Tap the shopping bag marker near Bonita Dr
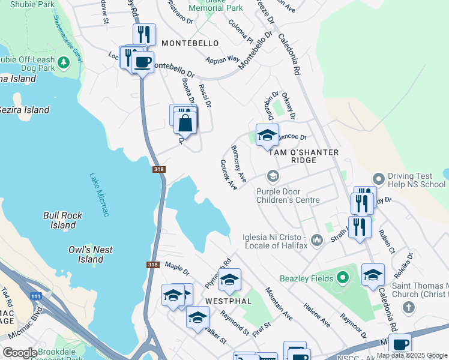click(x=185, y=124)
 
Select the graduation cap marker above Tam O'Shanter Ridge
click(x=267, y=136)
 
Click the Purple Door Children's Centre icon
click(x=273, y=176)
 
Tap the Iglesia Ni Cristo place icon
click(x=317, y=240)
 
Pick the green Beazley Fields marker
click(x=342, y=277)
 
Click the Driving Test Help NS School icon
click(x=378, y=179)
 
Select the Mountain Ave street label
click(x=279, y=304)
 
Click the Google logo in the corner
click(x=20, y=352)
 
